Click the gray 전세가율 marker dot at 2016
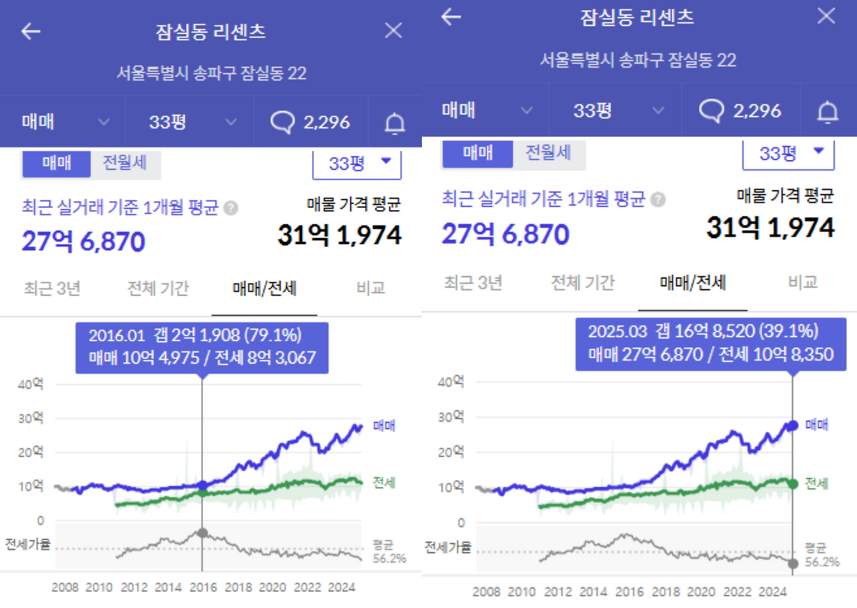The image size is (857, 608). [x=203, y=533]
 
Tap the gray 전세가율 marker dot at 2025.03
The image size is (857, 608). [x=793, y=564]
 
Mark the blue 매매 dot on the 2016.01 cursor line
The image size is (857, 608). [x=203, y=485]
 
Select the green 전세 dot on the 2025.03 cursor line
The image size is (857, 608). [x=793, y=483]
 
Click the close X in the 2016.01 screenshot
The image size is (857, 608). [x=393, y=31]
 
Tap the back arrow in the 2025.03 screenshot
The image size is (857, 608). [x=451, y=17]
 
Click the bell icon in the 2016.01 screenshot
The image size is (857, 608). [x=395, y=122]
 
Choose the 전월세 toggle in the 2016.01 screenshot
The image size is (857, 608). [x=125, y=163]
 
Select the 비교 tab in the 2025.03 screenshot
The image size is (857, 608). [x=803, y=282]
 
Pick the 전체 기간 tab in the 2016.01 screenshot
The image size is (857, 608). [x=158, y=288]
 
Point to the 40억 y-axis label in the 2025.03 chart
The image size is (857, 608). [x=451, y=382]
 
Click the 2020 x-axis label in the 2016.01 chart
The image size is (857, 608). [x=272, y=588]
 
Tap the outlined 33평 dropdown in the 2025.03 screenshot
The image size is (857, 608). [x=789, y=153]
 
